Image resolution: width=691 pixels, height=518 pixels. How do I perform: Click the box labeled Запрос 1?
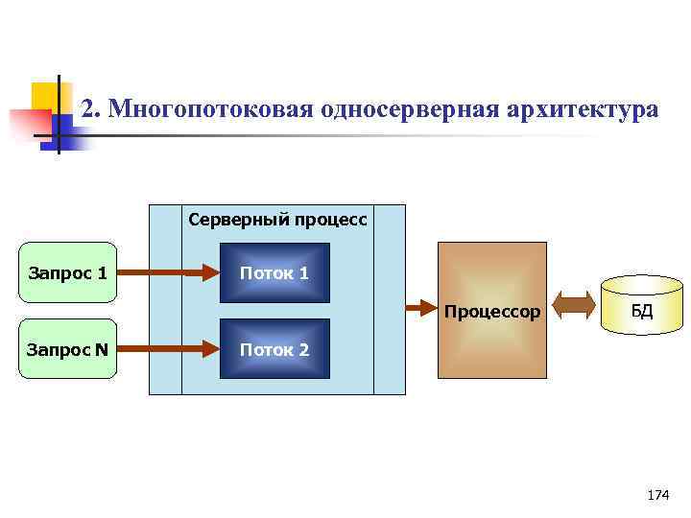(x=68, y=273)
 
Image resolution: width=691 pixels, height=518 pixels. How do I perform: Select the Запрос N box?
(x=68, y=349)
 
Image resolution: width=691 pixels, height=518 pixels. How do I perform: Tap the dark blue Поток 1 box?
(x=274, y=273)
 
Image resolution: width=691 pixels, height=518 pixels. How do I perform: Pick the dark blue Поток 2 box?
(x=274, y=349)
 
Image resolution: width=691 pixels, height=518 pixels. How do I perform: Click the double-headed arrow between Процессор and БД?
(x=576, y=308)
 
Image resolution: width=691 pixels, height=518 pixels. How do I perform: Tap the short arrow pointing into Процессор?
(x=419, y=308)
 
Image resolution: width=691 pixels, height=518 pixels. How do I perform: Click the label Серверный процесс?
(x=277, y=220)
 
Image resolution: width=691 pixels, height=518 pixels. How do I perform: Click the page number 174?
(x=658, y=495)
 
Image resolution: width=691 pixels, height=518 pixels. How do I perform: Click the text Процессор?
(x=491, y=312)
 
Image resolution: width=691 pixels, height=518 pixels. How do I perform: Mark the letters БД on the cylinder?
(x=641, y=310)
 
